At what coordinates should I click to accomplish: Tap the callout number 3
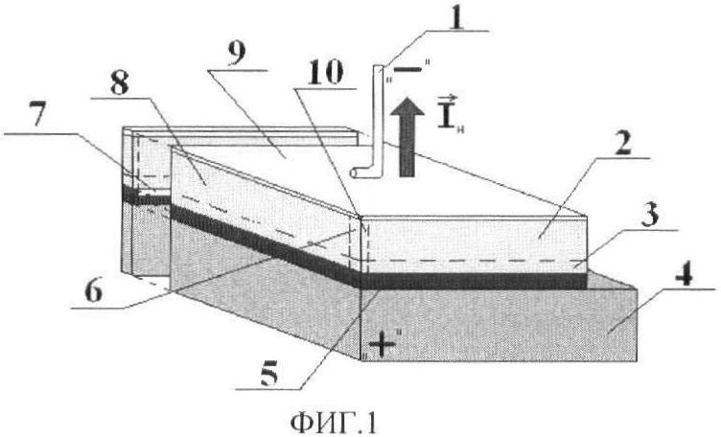[650, 214]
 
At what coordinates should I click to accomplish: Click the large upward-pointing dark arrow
[406, 137]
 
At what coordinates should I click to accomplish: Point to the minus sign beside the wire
[407, 69]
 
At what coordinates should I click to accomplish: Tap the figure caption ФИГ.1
[333, 422]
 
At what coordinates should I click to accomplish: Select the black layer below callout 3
[474, 280]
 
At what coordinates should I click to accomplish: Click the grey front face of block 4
[499, 324]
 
